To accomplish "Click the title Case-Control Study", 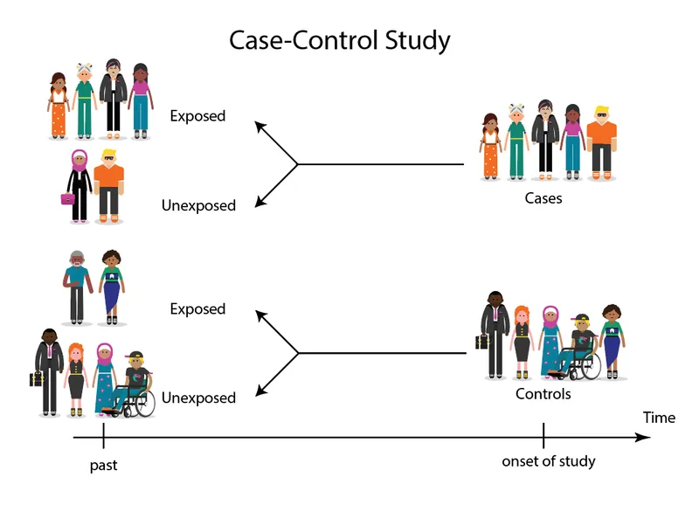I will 340,40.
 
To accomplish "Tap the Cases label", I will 543,198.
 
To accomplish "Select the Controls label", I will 543,394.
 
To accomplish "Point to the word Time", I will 659,418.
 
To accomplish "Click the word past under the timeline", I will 103,466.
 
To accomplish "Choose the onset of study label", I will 548,461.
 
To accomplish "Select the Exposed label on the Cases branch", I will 197,116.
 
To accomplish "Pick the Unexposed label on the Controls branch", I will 198,398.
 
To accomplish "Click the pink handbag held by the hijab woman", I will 67,198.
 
